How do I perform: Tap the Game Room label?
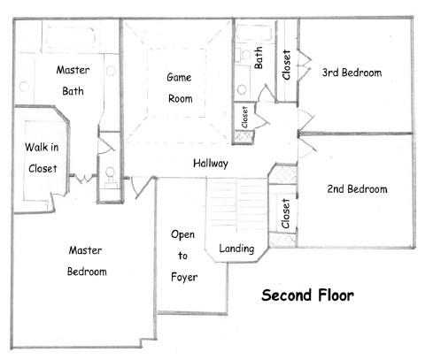pyautogui.click(x=180, y=88)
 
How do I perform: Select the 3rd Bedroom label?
pyautogui.click(x=352, y=73)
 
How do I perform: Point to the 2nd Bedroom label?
pyautogui.click(x=358, y=189)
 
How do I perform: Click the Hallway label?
pyautogui.click(x=212, y=164)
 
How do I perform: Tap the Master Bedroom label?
pyautogui.click(x=87, y=261)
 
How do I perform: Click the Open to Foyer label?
pyautogui.click(x=183, y=256)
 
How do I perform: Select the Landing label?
pyautogui.click(x=236, y=249)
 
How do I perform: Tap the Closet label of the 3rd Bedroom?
pyautogui.click(x=286, y=64)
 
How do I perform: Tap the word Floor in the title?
pyautogui.click(x=333, y=295)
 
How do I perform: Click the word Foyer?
pyautogui.click(x=183, y=277)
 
